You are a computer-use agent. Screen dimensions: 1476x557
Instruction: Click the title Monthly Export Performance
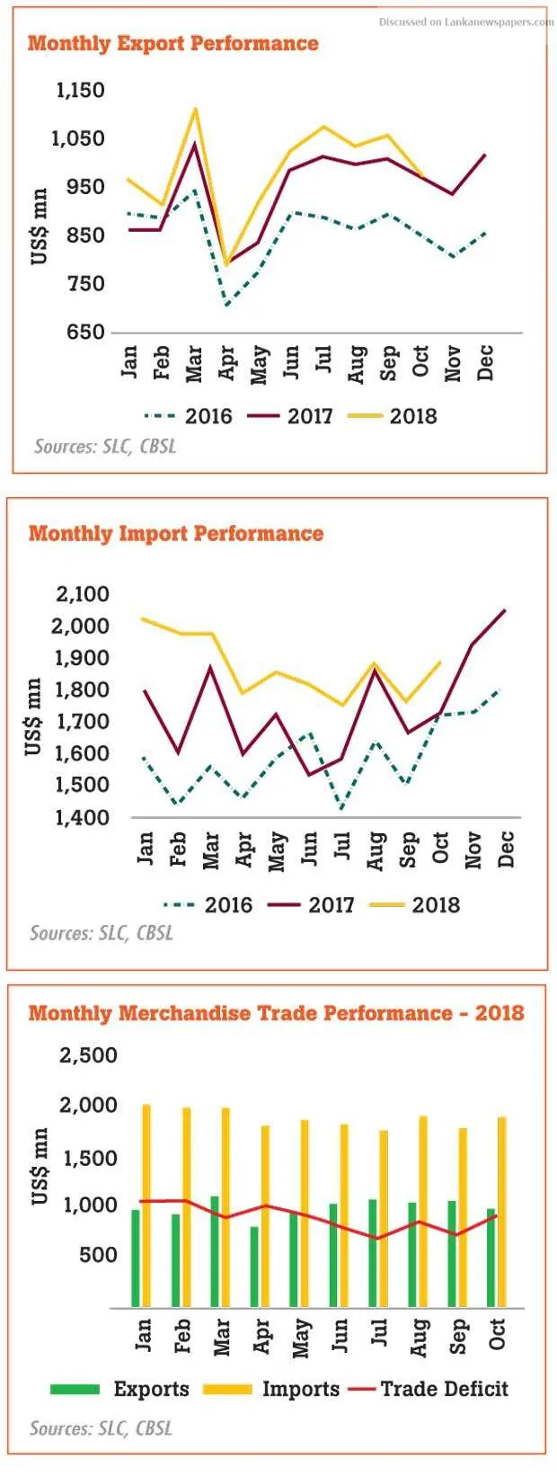pos(172,43)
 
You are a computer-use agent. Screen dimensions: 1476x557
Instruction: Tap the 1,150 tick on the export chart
pos(81,90)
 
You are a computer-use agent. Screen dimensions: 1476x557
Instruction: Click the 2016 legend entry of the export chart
pos(190,416)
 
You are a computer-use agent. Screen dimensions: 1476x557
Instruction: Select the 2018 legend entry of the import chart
pos(416,904)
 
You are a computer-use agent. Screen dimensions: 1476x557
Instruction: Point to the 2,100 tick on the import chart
pos(83,593)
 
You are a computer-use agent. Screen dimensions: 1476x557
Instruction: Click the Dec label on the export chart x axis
pos(485,363)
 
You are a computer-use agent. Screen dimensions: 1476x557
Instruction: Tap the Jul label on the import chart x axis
pos(342,846)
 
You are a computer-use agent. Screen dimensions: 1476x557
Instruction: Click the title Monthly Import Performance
pos(175,533)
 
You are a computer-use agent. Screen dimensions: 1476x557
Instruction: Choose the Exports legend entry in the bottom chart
pos(120,1389)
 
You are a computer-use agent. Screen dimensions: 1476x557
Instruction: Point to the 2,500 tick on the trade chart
pos(88,1055)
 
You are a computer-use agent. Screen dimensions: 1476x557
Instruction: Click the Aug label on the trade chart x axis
pos(419,1338)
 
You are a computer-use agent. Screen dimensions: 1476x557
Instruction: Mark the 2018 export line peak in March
pos(195,109)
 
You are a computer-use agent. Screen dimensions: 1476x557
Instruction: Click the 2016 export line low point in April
pos(226,306)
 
